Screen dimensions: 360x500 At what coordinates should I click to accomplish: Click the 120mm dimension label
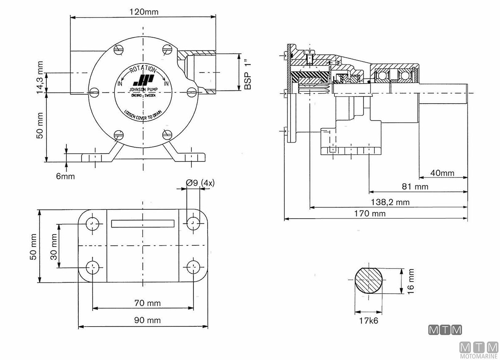[x=143, y=12]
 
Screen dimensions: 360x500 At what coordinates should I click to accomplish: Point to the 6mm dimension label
[x=65, y=176]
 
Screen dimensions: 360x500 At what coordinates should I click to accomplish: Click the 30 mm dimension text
[x=54, y=246]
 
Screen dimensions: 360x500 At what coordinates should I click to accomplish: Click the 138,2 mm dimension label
[x=390, y=202]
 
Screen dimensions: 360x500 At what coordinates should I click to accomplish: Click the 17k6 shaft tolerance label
[x=369, y=321]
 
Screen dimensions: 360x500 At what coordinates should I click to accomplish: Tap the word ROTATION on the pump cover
[x=143, y=70]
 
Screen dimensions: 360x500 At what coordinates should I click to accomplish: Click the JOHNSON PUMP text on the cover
[x=143, y=89]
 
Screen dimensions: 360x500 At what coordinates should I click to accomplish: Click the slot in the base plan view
[x=143, y=224]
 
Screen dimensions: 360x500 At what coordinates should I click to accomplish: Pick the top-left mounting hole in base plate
[x=92, y=224]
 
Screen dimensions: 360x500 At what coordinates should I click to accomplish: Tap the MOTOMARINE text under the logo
[x=479, y=356]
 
